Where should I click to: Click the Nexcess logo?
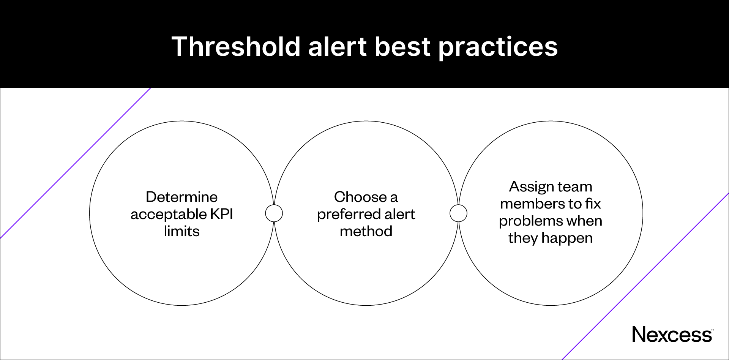click(672, 335)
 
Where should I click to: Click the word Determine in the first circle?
click(181, 197)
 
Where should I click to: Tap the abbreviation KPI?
click(221, 214)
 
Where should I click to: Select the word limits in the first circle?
click(181, 231)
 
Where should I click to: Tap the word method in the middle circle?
click(366, 231)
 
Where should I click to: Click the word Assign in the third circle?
click(528, 187)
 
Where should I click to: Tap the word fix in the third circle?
click(593, 204)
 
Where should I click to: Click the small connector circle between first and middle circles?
click(274, 213)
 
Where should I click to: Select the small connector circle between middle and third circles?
click(458, 213)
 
